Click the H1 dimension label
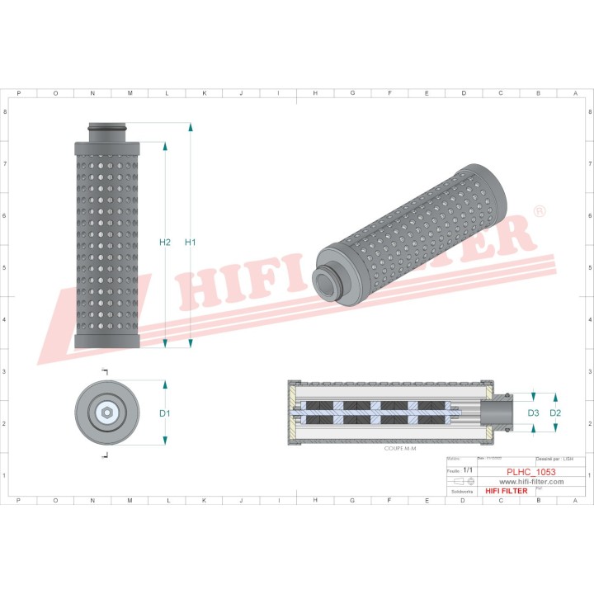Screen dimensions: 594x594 coord(191,242)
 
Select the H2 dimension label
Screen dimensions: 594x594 coord(165,242)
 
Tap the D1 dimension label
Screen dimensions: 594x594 coord(165,413)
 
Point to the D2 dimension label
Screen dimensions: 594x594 coord(555,412)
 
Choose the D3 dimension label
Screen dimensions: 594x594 coord(533,412)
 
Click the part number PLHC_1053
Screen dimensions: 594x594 coord(530,472)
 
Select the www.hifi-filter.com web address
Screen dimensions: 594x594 coord(530,481)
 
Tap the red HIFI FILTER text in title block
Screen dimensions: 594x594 coord(506,491)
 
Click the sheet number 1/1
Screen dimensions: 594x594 coord(468,469)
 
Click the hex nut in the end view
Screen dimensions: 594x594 coord(106,412)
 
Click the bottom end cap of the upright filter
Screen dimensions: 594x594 coord(107,340)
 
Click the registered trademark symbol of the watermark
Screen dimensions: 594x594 coord(540,212)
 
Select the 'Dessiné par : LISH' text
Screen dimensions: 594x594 coord(554,457)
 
